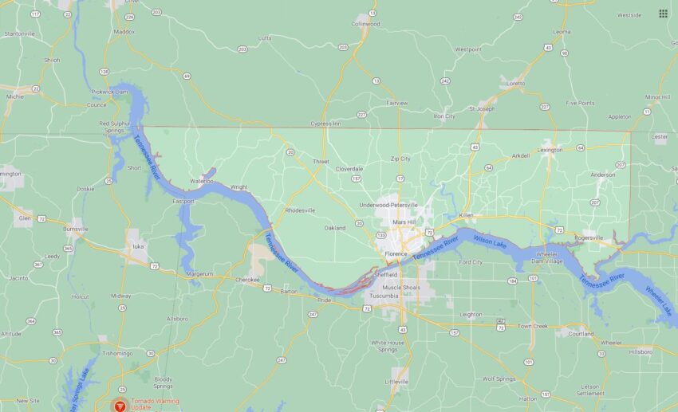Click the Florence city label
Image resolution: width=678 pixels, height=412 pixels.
[x=396, y=254]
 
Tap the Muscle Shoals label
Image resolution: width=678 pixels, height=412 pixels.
[x=401, y=287]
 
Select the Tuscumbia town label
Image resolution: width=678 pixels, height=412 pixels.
[x=384, y=296]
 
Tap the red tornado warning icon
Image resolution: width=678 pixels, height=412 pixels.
[x=120, y=405]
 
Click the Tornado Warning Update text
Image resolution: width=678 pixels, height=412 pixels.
[x=156, y=404]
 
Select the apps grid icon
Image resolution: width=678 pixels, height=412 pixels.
[x=663, y=14]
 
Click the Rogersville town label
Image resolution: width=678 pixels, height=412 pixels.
[x=589, y=237]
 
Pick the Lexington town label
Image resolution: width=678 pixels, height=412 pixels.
[x=550, y=149]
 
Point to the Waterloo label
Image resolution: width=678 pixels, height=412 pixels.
[x=202, y=181]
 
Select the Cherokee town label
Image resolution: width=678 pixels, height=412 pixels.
[x=248, y=280]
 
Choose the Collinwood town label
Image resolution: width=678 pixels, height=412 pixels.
[x=365, y=24]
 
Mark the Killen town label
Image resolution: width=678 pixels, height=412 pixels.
[x=466, y=216]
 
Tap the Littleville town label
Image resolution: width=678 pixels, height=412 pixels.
[x=397, y=383]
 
